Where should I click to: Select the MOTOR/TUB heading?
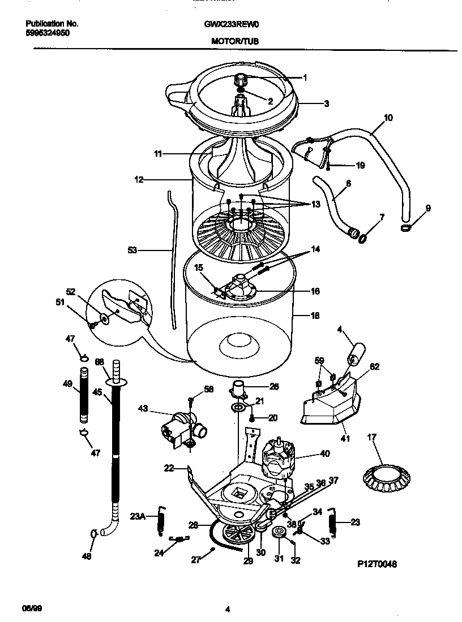(235, 41)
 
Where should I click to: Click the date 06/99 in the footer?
(34, 609)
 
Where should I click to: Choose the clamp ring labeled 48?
(93, 533)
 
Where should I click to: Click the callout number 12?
(139, 180)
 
